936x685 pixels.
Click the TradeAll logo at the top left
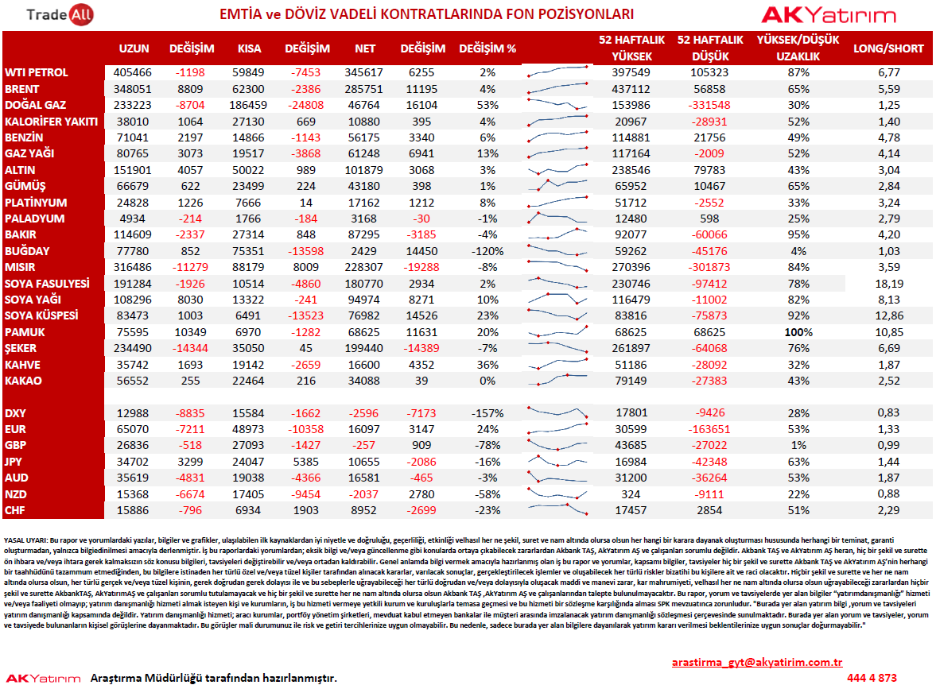point(60,15)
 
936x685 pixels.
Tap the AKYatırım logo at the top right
point(829,15)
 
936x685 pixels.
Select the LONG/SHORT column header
point(888,48)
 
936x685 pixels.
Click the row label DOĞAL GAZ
point(35,105)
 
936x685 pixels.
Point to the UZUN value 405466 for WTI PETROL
point(133,72)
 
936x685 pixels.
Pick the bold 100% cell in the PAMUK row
point(798,332)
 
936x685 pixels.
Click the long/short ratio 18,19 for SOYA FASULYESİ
point(889,284)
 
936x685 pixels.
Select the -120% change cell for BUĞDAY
point(487,251)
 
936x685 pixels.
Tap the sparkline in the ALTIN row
point(557,169)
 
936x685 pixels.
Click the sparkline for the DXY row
point(557,412)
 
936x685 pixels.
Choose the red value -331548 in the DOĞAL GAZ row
point(709,105)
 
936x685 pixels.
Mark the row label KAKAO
point(23,381)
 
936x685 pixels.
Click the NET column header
point(365,48)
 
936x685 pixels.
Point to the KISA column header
point(249,48)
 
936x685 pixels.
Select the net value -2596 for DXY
point(364,413)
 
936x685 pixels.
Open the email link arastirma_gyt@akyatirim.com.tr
point(757,662)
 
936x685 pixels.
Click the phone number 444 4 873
point(872,678)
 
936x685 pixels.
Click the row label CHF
point(15,510)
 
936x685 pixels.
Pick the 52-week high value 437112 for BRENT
point(631,89)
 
